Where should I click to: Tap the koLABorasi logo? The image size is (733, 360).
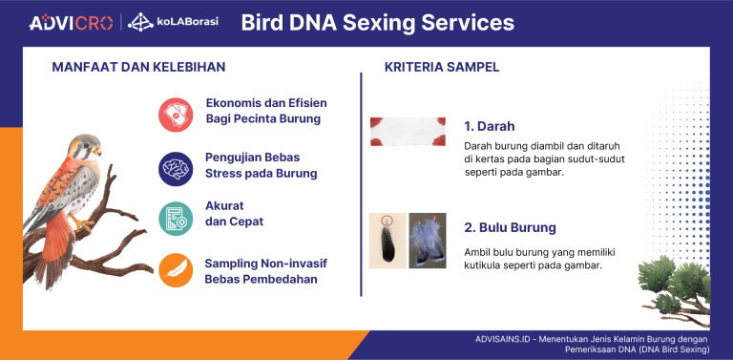(173, 22)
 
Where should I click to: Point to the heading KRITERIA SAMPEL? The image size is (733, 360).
(442, 68)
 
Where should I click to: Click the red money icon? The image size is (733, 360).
(176, 114)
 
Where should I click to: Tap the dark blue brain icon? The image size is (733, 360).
(176, 167)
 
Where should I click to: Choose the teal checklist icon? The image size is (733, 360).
(176, 218)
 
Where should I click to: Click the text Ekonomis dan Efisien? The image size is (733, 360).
(263, 103)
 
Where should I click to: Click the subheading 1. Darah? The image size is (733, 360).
(489, 126)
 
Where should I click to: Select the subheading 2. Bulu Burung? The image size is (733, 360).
(510, 228)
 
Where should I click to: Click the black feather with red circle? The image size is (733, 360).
(387, 240)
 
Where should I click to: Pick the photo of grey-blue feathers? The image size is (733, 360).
(427, 240)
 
